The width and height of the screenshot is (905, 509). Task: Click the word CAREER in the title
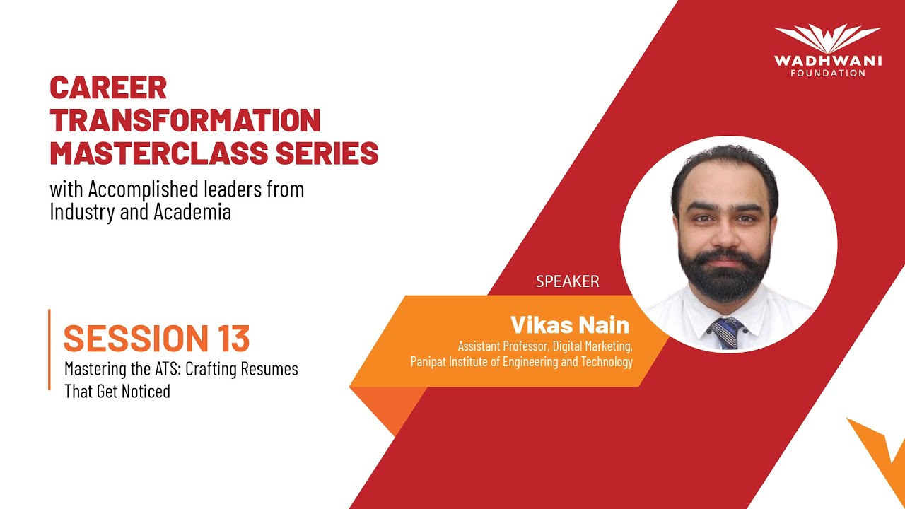108,88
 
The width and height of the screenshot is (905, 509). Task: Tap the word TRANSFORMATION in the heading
185,120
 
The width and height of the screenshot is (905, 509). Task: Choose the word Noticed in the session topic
144,391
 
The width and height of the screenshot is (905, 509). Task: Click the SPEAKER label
567,281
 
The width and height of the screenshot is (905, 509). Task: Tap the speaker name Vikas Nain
569,325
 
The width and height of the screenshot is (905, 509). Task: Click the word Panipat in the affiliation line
431,362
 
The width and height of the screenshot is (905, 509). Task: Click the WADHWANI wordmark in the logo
828,61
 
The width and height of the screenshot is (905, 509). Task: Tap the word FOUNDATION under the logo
828,73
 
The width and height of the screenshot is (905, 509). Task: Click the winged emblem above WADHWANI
828,38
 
